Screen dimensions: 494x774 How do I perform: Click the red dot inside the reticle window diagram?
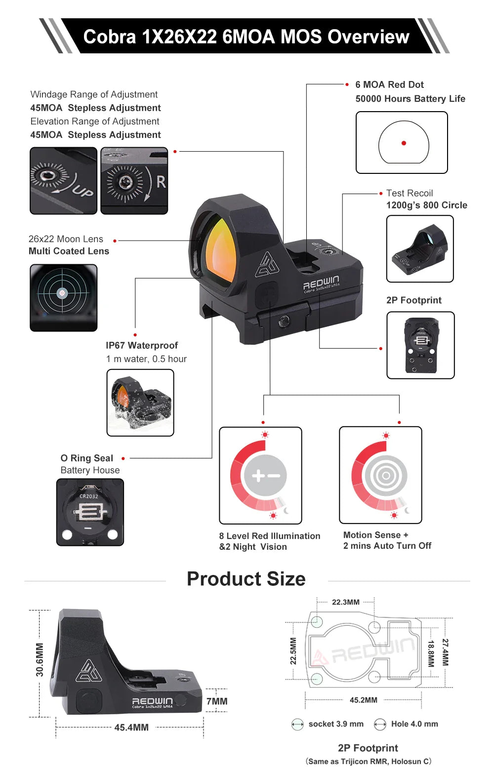pos(404,143)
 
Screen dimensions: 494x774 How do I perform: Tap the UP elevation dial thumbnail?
pos(63,181)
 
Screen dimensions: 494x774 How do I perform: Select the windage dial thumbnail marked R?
pos(134,181)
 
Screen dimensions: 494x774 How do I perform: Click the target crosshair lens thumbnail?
pos(63,298)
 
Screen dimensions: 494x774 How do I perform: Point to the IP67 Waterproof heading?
pos(142,345)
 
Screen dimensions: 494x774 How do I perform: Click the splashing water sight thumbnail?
pos(140,403)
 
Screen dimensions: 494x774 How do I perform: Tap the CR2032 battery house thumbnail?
pos(90,512)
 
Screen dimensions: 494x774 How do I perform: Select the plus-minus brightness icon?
pos(265,476)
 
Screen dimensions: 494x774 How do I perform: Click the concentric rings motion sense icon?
pos(386,476)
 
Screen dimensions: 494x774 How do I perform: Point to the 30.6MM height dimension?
pos(40,659)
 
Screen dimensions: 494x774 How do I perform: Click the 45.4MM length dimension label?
pos(131,727)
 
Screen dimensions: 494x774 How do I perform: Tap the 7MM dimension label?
pos(217,701)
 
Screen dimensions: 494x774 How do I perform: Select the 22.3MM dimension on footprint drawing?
pos(346,602)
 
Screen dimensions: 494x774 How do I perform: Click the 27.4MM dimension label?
pos(445,652)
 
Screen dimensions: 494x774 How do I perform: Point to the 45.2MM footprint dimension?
pos(363,700)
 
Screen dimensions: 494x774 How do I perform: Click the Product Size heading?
pos(246,579)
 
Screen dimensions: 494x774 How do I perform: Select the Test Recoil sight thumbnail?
pos(420,249)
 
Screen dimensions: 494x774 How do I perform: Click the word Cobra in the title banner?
pos(110,37)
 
